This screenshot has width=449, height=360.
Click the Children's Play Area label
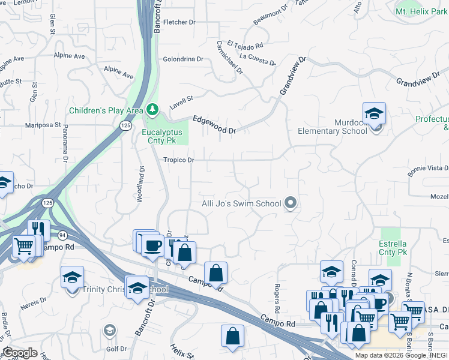[106, 110]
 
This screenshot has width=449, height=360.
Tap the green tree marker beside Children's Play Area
[153, 109]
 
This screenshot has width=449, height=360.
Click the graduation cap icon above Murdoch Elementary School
[374, 113]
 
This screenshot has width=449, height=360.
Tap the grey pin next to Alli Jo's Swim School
[291, 203]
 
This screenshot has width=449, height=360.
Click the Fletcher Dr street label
[179, 22]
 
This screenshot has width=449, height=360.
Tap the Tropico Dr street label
[179, 160]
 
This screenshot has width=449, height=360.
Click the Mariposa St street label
[43, 126]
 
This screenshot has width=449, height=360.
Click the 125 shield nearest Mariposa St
[125, 125]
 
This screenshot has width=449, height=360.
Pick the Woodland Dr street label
[142, 184]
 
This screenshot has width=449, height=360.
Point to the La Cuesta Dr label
[257, 59]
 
